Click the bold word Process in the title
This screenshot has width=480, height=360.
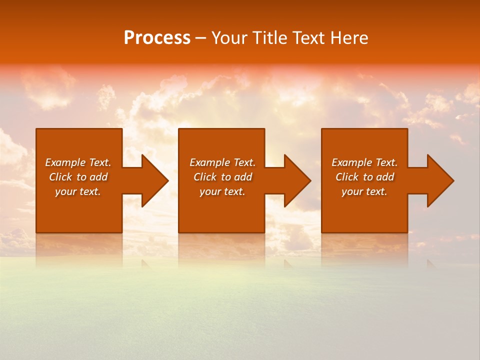157,38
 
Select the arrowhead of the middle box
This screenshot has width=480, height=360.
297,180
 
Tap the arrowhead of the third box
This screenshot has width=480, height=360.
440,180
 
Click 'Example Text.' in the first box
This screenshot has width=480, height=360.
78,162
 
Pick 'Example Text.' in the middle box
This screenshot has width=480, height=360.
222,162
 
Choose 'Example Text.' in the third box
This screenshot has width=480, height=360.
364,162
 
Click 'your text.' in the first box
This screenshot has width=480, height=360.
78,191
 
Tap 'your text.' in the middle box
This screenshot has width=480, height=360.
222,191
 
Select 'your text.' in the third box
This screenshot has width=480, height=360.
364,191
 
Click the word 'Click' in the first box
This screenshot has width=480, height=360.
60,177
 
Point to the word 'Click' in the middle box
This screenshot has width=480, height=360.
205,177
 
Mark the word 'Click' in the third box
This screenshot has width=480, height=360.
347,177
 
